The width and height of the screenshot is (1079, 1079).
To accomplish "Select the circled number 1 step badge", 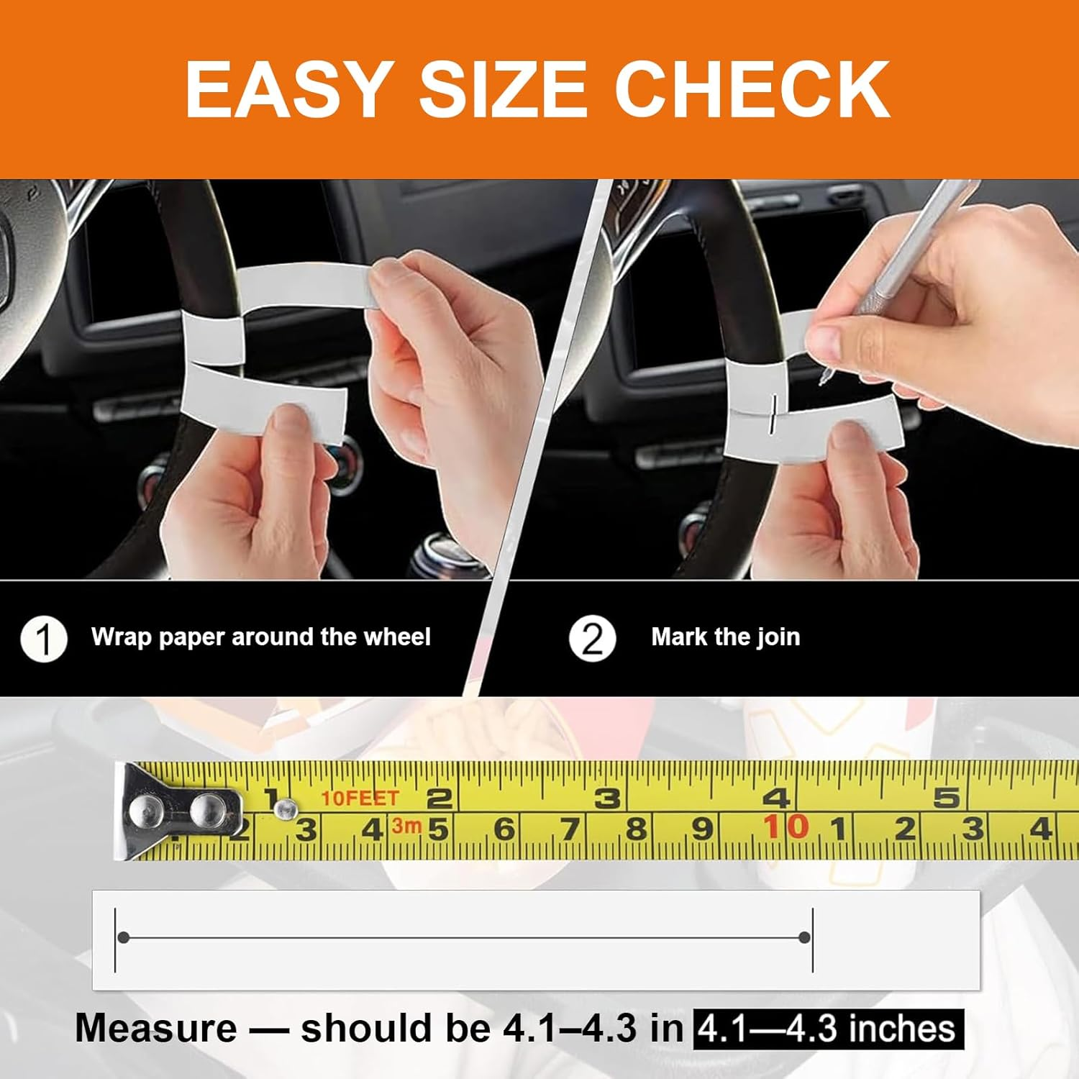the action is [44, 639].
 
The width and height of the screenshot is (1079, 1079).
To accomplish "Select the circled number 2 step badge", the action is [592, 638].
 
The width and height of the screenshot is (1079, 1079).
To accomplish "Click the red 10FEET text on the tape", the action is [360, 798].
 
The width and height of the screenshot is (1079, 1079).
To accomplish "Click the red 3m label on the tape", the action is [406, 826].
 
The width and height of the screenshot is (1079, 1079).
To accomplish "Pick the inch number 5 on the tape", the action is [947, 798].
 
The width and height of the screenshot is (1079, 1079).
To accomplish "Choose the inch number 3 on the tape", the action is [607, 798].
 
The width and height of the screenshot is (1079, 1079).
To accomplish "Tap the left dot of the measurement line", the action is [124, 937].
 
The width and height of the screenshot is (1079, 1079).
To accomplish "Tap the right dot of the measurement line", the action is [804, 937].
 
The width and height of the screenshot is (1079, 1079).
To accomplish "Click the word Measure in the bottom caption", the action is [156, 1028].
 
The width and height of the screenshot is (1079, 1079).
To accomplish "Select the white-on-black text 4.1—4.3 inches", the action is [828, 1029].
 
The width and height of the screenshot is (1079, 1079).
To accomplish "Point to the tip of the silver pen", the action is [822, 379].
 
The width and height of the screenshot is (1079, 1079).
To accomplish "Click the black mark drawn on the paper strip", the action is [773, 414].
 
